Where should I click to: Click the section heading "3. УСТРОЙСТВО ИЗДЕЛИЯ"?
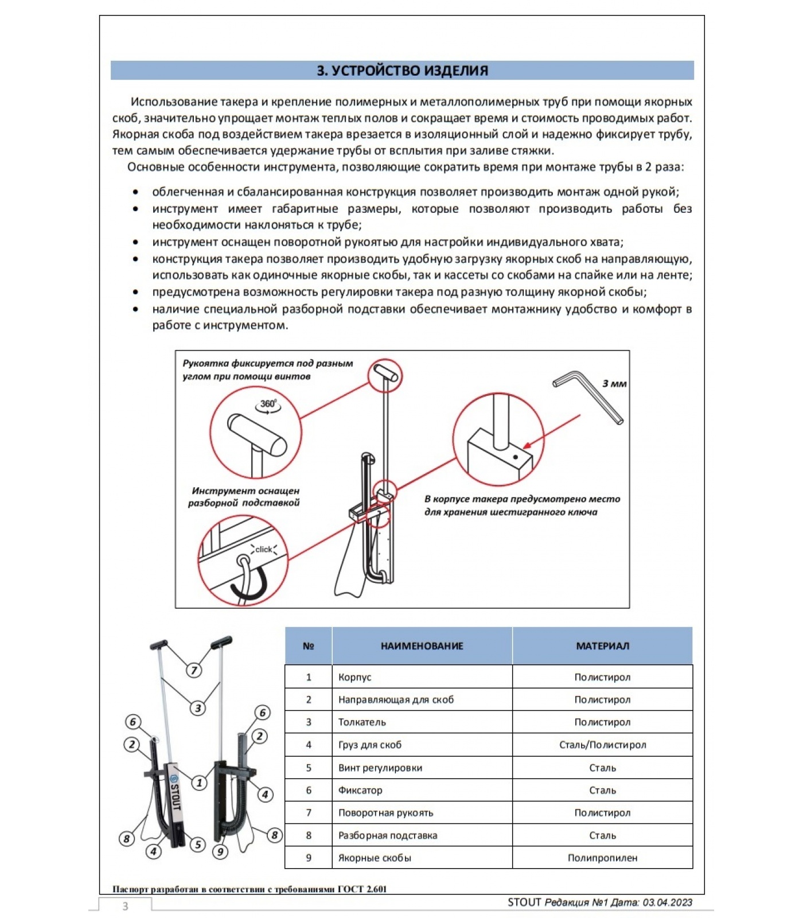point(402,71)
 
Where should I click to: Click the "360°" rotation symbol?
point(268,404)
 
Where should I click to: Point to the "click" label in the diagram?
point(263,549)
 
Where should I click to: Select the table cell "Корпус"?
point(354,677)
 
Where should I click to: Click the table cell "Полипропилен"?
point(602,858)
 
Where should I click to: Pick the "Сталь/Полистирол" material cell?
point(602,745)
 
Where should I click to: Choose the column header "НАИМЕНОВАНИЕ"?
point(422,646)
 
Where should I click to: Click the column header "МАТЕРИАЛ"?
point(602,646)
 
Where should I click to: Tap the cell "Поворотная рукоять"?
point(385,812)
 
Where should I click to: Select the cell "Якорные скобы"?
point(375,858)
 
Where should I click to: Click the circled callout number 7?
point(194,670)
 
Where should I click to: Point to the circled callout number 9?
point(220,851)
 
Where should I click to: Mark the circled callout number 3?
point(198,707)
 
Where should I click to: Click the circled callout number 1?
point(199,783)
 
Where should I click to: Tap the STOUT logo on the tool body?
point(174,794)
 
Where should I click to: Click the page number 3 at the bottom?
point(125,907)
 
